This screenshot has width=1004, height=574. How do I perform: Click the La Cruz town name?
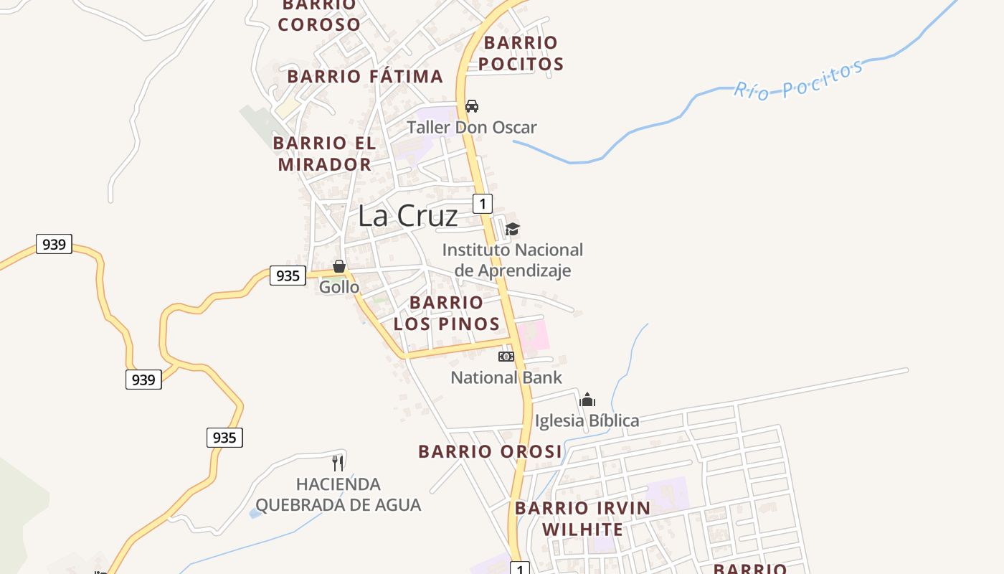coord(407,215)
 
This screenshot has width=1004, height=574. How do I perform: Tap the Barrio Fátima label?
coord(365,76)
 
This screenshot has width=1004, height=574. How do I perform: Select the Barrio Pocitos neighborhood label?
coord(521,53)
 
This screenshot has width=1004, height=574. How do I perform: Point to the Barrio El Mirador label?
coord(323,154)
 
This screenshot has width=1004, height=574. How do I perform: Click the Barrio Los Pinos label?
coord(446,313)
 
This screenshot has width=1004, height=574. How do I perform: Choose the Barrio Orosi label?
coord(491,451)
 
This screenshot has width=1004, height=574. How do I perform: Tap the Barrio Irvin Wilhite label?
coord(582,519)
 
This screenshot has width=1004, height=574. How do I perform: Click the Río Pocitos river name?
coord(798,80)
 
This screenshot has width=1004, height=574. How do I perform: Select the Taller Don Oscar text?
coord(472,128)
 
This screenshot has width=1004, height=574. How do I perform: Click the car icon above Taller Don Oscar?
coord(472,106)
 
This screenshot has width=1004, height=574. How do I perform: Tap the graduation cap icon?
coord(512,229)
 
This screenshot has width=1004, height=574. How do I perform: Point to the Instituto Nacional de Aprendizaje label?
coord(512,260)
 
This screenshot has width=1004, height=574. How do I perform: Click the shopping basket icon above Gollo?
coord(339,266)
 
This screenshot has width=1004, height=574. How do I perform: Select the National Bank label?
coord(506,377)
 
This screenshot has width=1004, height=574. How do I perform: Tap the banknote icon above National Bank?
coord(506,357)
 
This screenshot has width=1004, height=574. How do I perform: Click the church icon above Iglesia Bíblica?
coord(587,400)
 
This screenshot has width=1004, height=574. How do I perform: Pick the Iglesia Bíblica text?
coord(587,420)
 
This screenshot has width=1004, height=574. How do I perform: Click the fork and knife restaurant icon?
coord(338,463)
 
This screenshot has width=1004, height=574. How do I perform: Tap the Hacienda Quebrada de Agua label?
coord(338,494)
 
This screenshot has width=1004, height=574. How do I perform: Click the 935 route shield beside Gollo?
coord(288,276)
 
